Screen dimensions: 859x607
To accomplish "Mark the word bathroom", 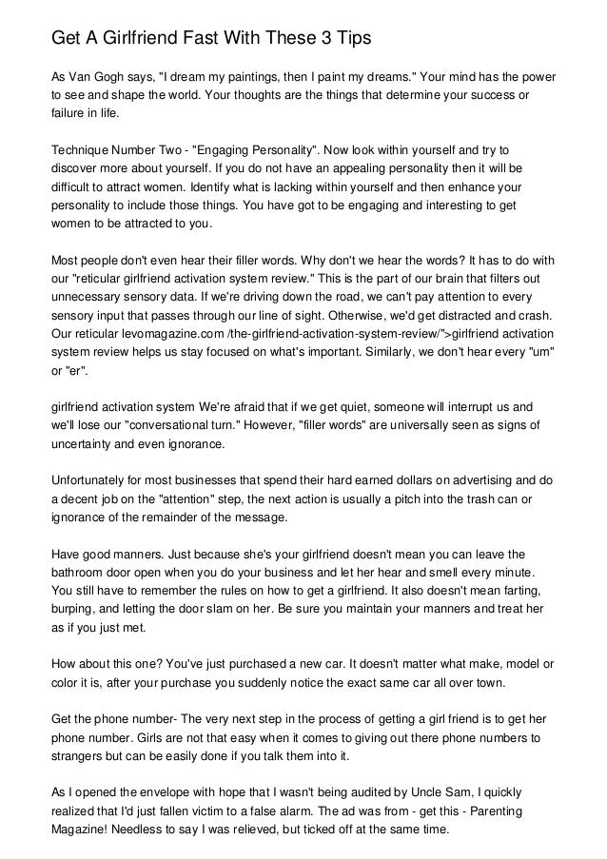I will (x=81, y=576).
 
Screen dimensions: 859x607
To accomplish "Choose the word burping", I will (x=76, y=613).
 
